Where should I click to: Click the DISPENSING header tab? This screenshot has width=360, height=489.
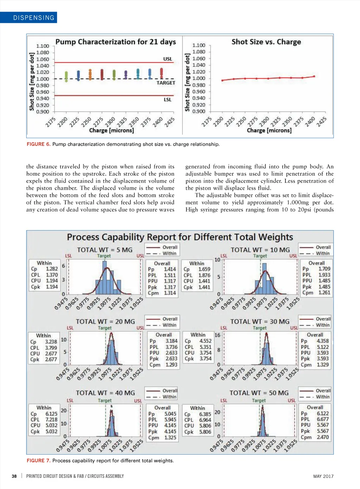pos(34,18)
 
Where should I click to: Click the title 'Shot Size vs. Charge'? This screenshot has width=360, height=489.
pos(266,42)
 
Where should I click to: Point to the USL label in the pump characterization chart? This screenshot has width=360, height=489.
pos(168,59)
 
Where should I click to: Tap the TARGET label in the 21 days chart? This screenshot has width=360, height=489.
pos(166,83)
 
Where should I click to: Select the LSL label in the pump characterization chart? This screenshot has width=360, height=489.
pos(168,100)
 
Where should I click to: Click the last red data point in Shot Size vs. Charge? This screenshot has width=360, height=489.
pos(314,76)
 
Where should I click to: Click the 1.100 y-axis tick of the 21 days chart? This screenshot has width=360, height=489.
pos(43,46)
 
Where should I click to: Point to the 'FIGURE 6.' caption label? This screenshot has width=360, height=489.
pos(39,144)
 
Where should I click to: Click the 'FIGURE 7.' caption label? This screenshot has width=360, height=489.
pos(39,461)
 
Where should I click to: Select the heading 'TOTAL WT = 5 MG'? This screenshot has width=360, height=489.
pos(105,250)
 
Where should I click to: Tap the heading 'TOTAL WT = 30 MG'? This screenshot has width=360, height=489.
pos(260,321)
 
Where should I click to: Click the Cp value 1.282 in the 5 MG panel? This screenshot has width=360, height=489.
pos(52,269)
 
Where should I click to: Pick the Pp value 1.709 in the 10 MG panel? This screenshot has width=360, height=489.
pos(324,269)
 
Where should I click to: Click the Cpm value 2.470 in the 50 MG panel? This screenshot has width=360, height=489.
pos(323,437)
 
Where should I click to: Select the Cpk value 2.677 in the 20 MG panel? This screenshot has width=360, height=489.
pos(51,359)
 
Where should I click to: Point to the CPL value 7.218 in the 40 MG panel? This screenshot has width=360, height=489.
pos(51,419)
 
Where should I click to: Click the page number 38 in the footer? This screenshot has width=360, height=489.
pos(14,476)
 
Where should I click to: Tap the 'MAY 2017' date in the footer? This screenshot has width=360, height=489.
pos(323,476)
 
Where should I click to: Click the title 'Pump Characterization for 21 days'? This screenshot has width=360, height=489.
pos(116,42)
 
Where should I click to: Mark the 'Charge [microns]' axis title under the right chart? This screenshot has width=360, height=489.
pos(269,130)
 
